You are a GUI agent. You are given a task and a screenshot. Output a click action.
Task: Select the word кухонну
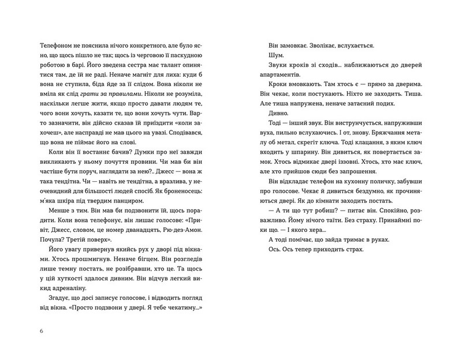point(349,201)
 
